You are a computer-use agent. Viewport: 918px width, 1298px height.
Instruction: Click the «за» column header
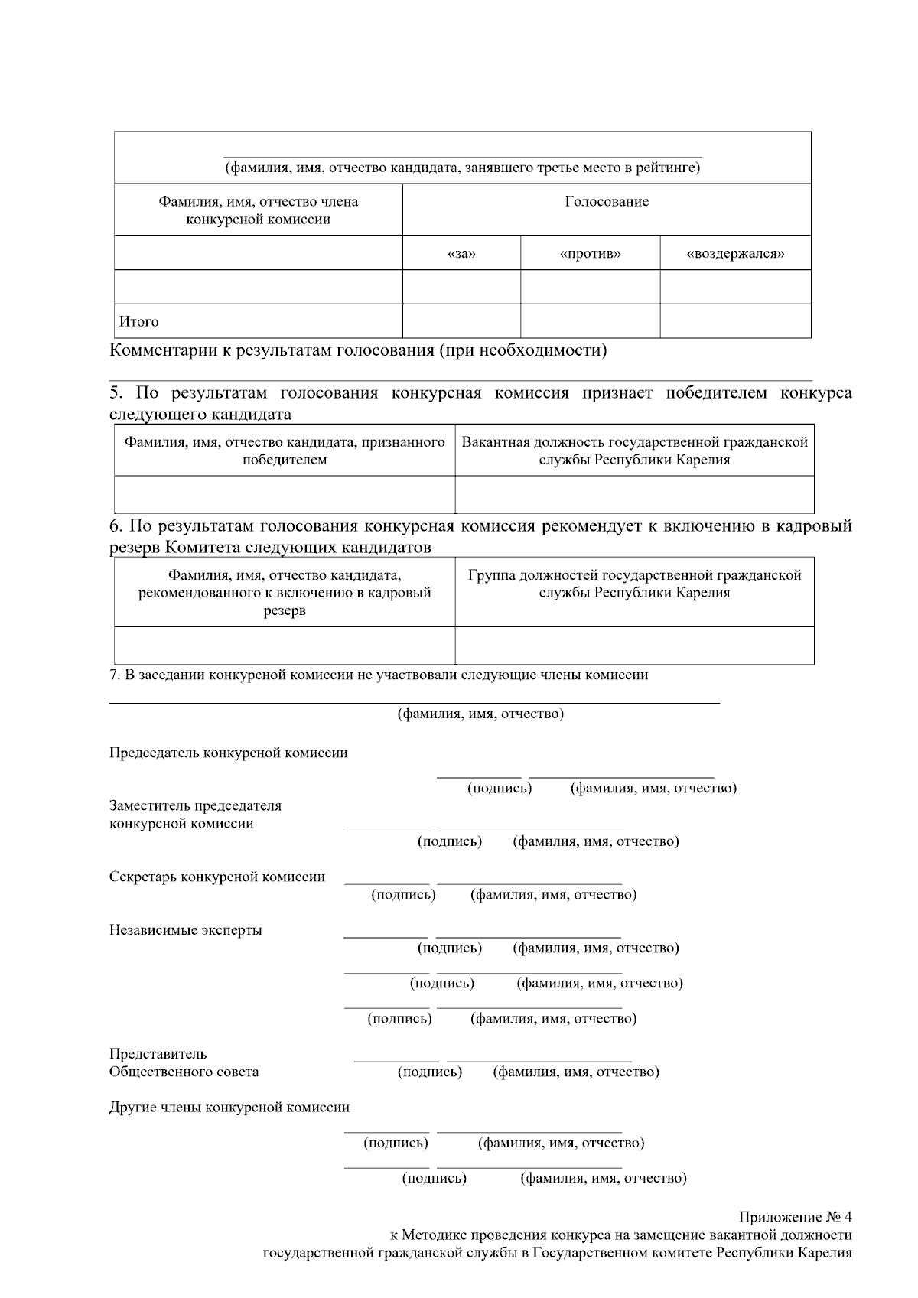tap(461, 253)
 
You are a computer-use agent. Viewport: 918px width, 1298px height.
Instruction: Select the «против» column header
tap(590, 253)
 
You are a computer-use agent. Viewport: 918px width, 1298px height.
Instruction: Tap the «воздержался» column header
tap(735, 253)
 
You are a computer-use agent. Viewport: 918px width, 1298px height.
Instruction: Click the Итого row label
tap(138, 321)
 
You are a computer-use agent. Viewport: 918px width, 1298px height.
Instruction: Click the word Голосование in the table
tap(607, 202)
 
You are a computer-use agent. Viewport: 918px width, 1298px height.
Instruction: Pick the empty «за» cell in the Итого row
tap(461, 321)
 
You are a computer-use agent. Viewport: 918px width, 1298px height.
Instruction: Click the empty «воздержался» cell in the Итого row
tap(735, 321)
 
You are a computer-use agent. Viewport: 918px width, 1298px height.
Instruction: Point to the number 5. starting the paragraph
tap(116, 393)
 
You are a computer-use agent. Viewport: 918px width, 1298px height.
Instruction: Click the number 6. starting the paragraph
tap(116, 526)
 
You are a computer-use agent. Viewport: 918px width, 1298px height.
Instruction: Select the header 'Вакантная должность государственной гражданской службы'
tap(634, 451)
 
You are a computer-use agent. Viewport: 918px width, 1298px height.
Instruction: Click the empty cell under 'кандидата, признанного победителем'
tap(284, 494)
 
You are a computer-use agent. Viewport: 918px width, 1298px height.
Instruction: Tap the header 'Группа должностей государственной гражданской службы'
tap(634, 584)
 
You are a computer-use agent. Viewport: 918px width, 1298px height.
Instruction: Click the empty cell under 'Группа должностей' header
tap(634, 645)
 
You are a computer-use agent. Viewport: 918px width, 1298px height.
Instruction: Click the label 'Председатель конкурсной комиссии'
tap(228, 753)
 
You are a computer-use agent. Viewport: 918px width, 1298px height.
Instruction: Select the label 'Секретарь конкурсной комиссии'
tap(216, 877)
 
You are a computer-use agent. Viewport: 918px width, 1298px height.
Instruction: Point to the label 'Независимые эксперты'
tap(185, 930)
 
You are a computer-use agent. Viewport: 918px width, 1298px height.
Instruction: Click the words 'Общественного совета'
tap(184, 1072)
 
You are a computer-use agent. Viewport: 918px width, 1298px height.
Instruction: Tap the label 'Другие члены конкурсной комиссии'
tap(229, 1107)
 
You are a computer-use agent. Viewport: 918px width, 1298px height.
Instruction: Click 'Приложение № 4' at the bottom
tap(795, 1217)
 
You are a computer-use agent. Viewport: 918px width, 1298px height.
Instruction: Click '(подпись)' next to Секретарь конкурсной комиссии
tap(403, 894)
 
